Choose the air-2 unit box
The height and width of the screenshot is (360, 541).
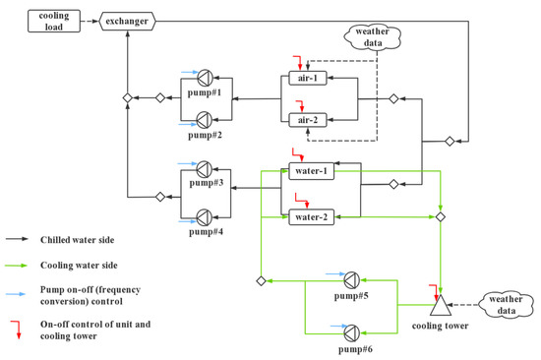(306, 120)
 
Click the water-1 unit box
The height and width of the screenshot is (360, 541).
(313, 171)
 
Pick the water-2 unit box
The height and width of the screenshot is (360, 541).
(313, 216)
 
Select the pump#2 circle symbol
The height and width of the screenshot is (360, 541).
(205, 119)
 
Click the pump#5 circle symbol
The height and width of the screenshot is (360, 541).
(352, 279)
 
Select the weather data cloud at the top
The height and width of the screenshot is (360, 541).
(373, 39)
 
